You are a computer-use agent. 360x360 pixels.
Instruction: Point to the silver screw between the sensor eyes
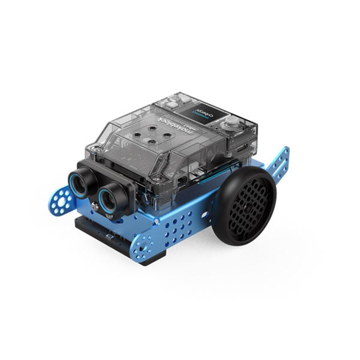pos(95,206)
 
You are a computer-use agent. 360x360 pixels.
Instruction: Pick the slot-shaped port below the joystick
pos(239,148)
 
